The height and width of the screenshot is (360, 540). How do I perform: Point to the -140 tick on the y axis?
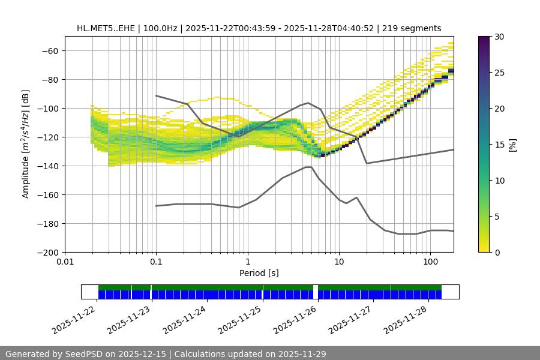(x=49, y=166)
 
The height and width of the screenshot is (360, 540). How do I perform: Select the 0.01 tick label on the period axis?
(x=65, y=262)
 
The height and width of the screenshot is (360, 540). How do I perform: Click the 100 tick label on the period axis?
(x=430, y=262)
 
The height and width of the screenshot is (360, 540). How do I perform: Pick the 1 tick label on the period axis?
(x=248, y=262)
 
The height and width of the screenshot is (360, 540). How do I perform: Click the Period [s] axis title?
(x=259, y=273)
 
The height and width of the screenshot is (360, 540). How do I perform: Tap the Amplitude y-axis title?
(x=26, y=144)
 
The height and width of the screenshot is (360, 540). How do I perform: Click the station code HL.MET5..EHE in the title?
(x=105, y=28)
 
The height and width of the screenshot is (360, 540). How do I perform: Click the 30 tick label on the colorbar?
(x=499, y=37)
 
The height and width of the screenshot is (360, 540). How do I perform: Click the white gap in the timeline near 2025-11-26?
(x=316, y=292)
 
